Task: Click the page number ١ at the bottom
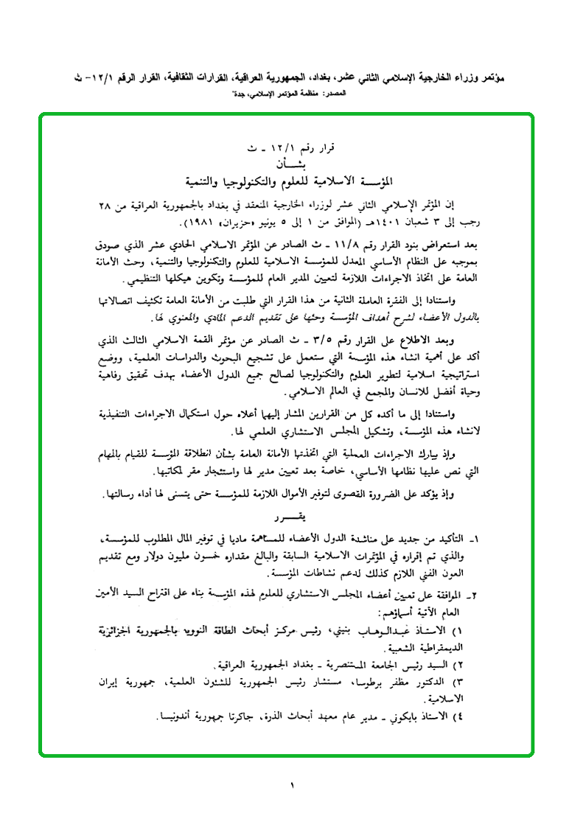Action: pos(292,786)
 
